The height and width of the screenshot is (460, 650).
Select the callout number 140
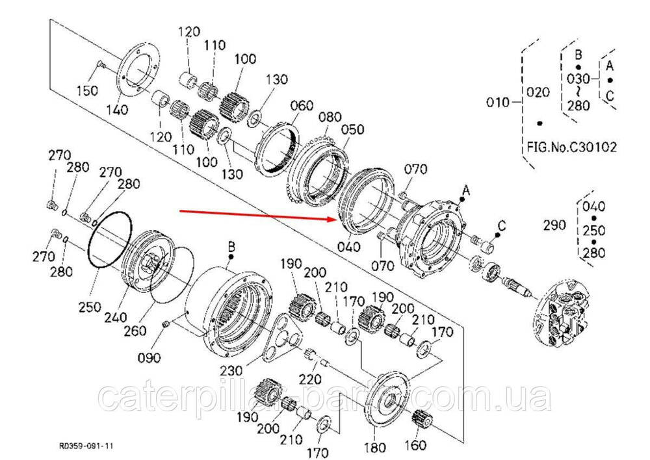[x=117, y=111]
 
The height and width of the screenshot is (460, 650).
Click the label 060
[x=302, y=107]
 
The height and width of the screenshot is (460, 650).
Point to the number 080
[x=330, y=117]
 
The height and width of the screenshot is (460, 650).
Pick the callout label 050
[x=353, y=129]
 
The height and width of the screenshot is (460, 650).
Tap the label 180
[x=376, y=448]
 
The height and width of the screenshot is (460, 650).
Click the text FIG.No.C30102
[x=571, y=147]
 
